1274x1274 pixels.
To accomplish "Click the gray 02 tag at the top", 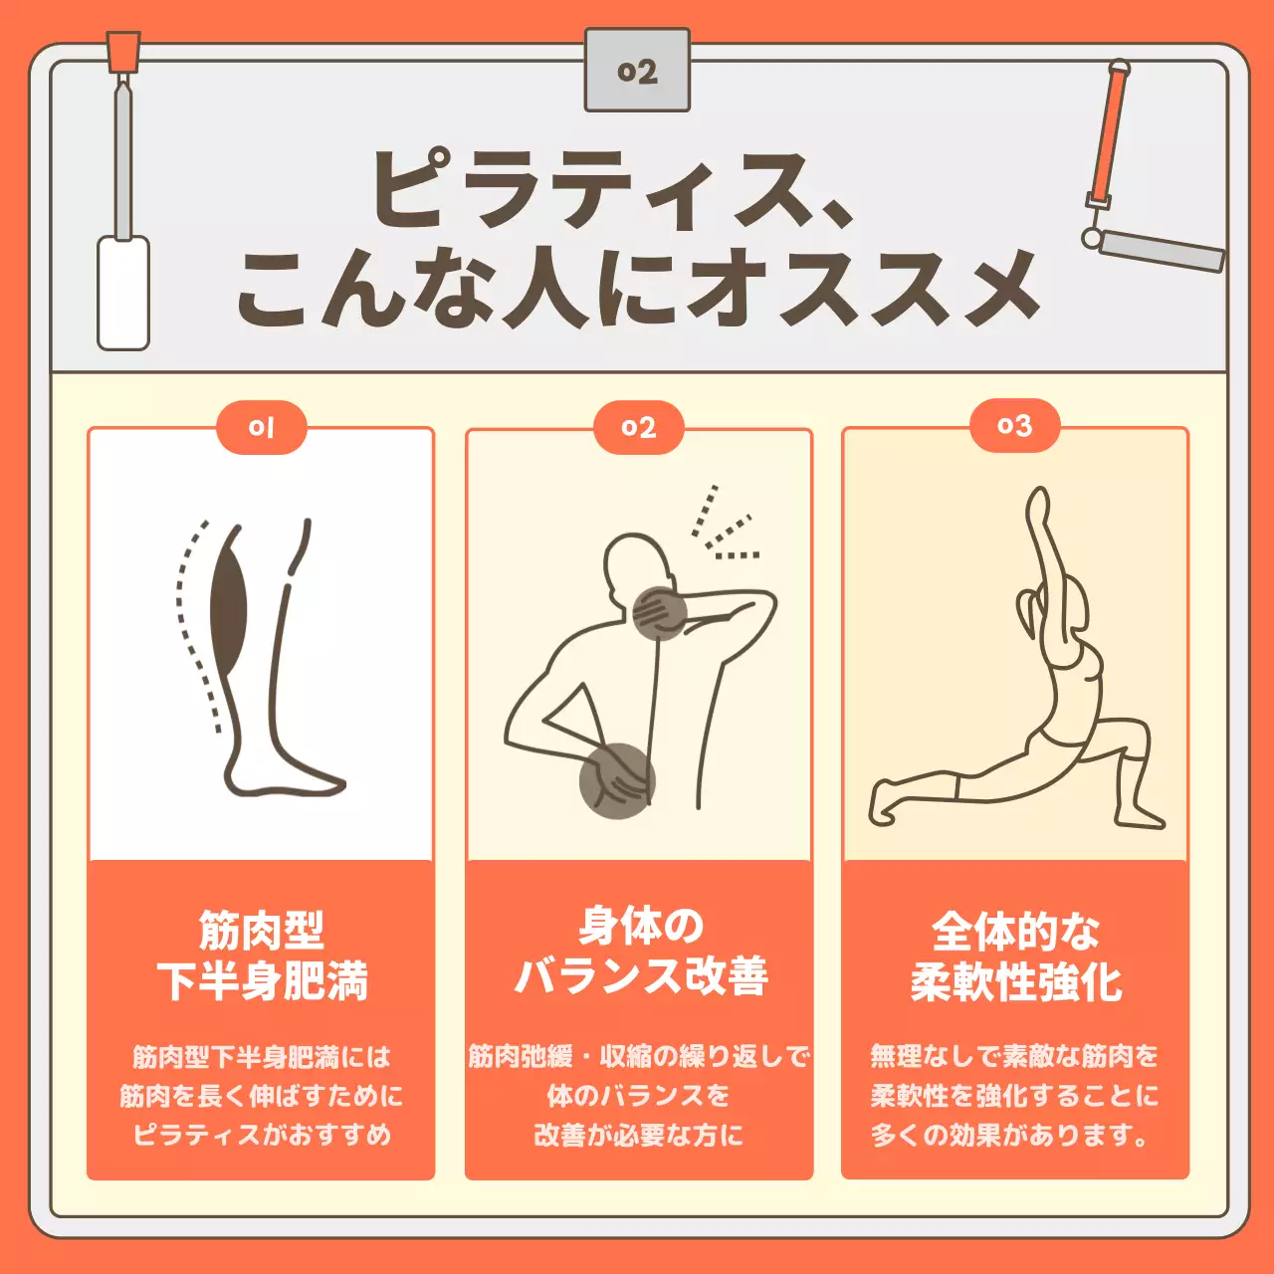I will tap(637, 71).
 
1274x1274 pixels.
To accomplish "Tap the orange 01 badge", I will tap(261, 428).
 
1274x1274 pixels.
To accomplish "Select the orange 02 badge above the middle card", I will tap(638, 428).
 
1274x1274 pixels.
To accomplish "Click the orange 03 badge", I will tap(1014, 426).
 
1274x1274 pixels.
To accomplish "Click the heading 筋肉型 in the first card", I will tap(261, 931).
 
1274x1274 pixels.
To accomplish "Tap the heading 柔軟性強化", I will tap(1015, 982).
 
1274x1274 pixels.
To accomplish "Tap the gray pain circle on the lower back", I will tap(616, 780).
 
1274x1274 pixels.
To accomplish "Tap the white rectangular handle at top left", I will tap(122, 293).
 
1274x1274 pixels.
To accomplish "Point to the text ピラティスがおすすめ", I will tap(261, 1135).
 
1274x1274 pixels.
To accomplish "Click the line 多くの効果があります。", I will tap(1011, 1135).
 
